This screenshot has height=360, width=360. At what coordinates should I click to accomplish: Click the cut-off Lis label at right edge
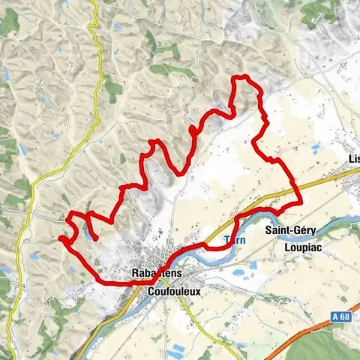[x=354, y=159]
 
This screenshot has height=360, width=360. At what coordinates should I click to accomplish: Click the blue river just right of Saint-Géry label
[x=330, y=223]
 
